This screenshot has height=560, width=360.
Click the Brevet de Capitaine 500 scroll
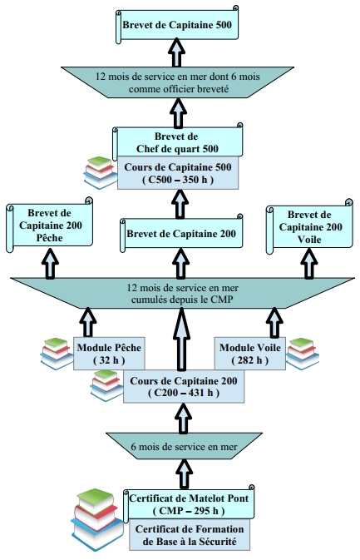pyautogui.click(x=177, y=25)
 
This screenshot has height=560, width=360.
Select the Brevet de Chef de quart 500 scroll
pyautogui.click(x=177, y=142)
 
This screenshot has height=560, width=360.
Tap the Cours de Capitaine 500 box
pyautogui.click(x=178, y=173)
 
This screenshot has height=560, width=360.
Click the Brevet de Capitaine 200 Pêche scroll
pyautogui.click(x=50, y=225)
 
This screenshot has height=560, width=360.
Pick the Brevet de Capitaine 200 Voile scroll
pyautogui.click(x=309, y=227)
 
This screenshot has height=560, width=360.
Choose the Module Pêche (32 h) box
pyautogui.click(x=109, y=354)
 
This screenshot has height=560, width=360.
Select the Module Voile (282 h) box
pyautogui.click(x=249, y=354)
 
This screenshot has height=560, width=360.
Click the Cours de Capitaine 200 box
pyautogui.click(x=184, y=386)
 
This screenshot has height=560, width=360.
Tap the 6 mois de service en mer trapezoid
pyautogui.click(x=184, y=446)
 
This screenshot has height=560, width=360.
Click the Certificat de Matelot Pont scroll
pyautogui.click(x=189, y=504)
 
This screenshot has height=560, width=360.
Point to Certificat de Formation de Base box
pyautogui.click(x=190, y=535)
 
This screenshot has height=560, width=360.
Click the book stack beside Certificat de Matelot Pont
pyautogui.click(x=96, y=519)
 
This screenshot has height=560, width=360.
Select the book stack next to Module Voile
pyautogui.click(x=303, y=353)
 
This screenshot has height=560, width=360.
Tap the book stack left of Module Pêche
pyautogui.click(x=57, y=353)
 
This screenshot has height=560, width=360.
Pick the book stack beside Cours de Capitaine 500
pyautogui.click(x=101, y=172)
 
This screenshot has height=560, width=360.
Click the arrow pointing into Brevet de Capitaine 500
pyautogui.click(x=176, y=52)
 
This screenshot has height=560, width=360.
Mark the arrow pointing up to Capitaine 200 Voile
pyautogui.click(x=309, y=264)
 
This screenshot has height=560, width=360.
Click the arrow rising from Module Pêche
pyautogui.click(x=88, y=323)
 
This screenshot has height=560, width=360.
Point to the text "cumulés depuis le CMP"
pyautogui.click(x=182, y=300)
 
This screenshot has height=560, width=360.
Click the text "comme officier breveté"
pyautogui.click(x=179, y=88)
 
